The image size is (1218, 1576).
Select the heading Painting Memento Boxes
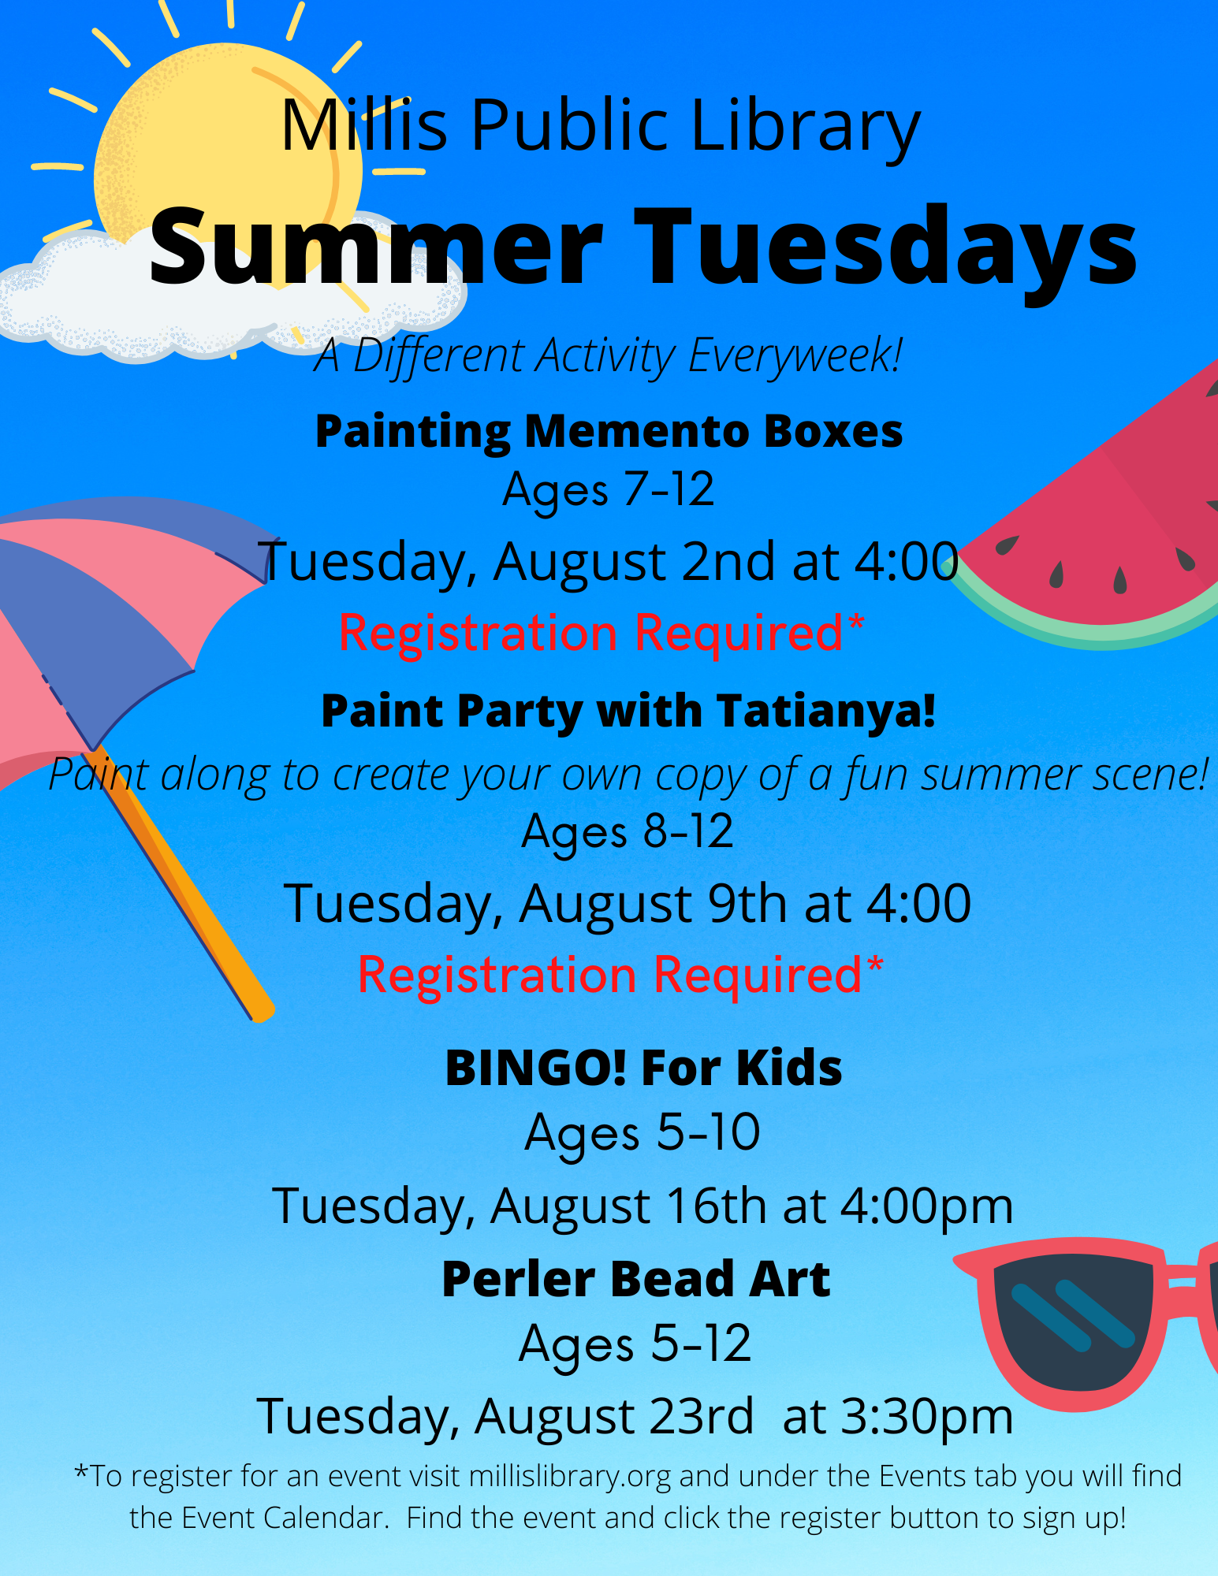click(609, 432)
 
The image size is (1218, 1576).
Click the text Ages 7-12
click(609, 489)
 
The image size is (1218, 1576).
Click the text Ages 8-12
click(628, 832)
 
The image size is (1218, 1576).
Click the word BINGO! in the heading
click(536, 1069)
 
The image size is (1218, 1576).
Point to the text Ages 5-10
click(643, 1133)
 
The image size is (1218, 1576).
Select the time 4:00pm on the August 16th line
click(926, 1207)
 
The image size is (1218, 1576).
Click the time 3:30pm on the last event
click(927, 1417)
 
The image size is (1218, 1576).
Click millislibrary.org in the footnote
click(570, 1476)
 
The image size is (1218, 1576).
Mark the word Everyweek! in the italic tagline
click(795, 355)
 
